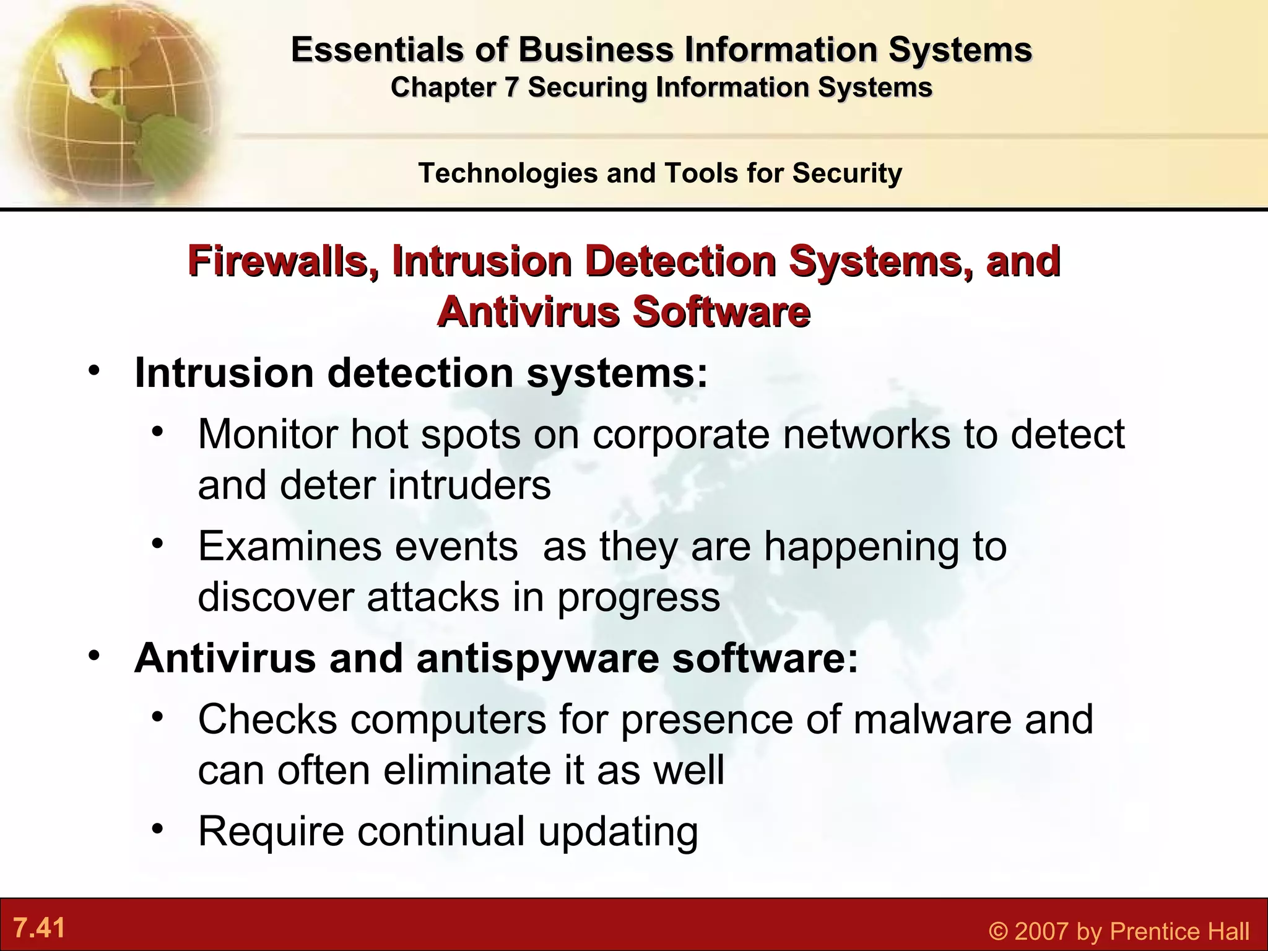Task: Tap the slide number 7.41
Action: pyautogui.click(x=39, y=929)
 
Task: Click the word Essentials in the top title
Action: pyautogui.click(x=377, y=50)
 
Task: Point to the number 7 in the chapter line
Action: pyautogui.click(x=510, y=87)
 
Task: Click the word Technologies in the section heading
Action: pyautogui.click(x=507, y=173)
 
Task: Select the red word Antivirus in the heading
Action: pyautogui.click(x=527, y=311)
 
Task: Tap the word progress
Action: pyautogui.click(x=638, y=598)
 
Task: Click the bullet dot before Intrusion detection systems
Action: pyautogui.click(x=94, y=371)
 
